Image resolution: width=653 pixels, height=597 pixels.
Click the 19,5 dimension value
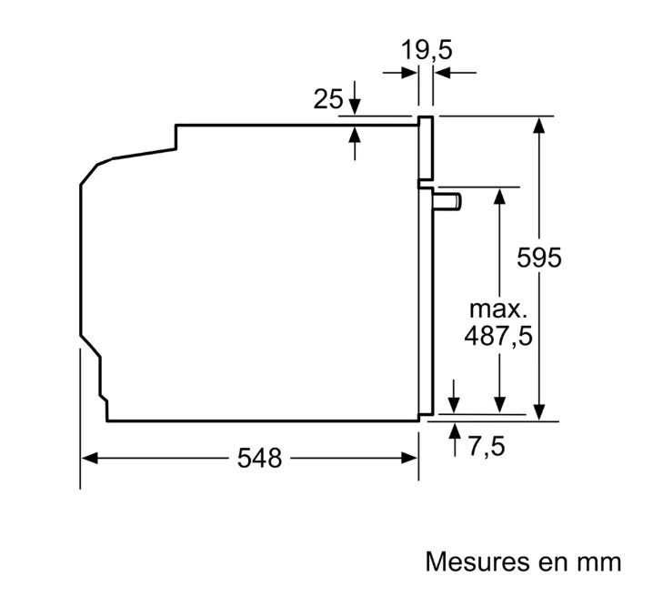426,50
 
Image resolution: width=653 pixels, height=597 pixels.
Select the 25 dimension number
328,99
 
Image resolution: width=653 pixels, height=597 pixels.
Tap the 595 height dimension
539,258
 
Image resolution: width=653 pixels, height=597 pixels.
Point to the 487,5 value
498,336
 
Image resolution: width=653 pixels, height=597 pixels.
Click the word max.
498,309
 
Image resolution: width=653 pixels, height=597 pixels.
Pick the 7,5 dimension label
487,446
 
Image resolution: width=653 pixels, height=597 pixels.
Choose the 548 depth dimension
259,459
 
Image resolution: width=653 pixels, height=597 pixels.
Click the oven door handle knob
447,201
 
